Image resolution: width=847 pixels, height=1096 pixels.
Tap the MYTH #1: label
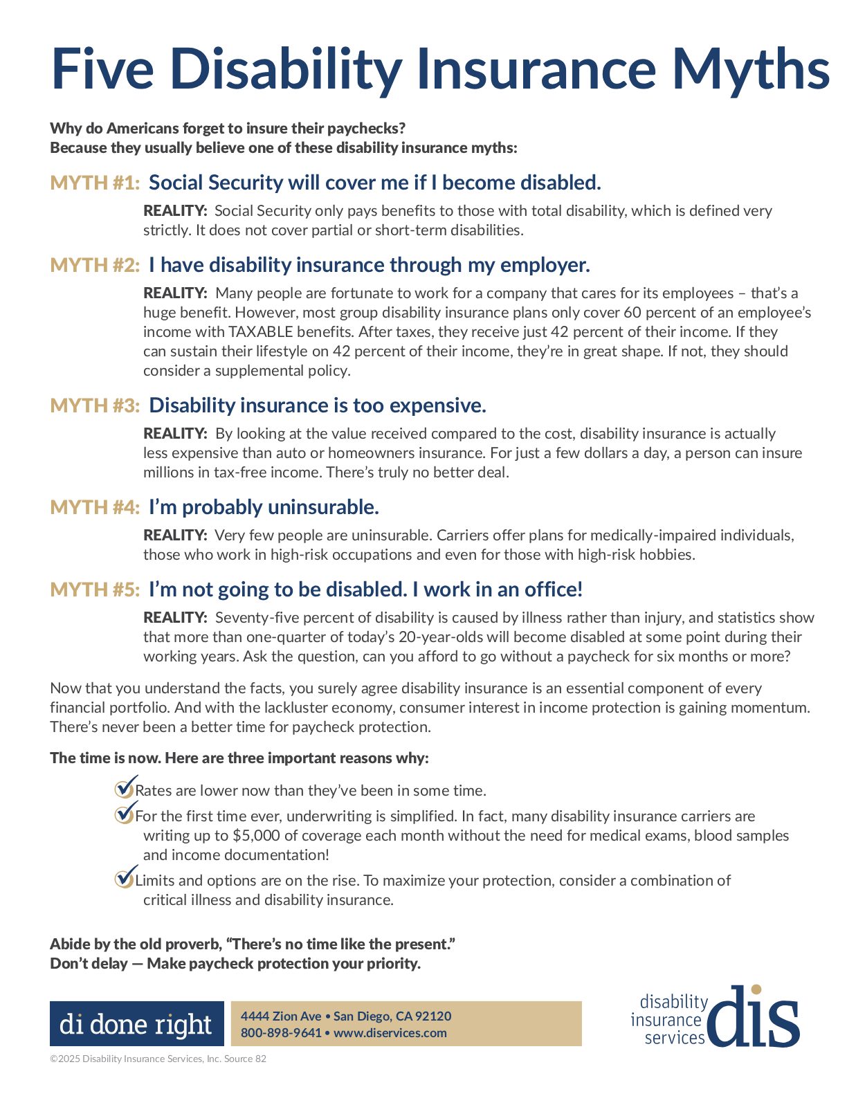pos(95,183)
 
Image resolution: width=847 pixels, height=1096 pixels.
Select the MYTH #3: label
pos(95,405)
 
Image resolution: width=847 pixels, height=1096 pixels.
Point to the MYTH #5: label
pos(95,590)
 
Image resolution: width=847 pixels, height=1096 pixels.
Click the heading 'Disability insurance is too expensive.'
pos(318,405)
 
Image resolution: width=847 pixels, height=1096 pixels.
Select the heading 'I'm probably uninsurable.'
pos(264,507)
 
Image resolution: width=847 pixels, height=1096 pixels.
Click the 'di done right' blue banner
pos(136,1023)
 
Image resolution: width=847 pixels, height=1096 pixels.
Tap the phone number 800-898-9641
pos(281,1033)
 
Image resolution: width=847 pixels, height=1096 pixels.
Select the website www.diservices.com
pos(390,1033)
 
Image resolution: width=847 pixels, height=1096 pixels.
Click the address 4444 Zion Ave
pos(281,1016)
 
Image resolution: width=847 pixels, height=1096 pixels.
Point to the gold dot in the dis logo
pos(756,989)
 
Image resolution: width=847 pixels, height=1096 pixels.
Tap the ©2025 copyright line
pos(158,1059)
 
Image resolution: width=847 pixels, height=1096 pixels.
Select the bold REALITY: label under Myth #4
pos(175,536)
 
